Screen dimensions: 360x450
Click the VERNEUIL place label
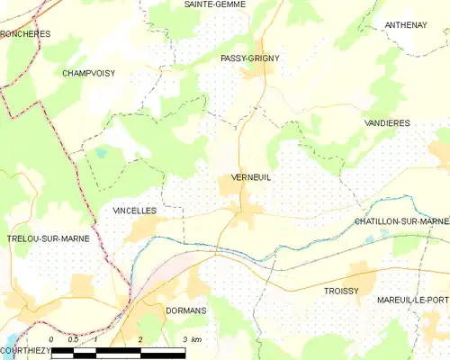251,177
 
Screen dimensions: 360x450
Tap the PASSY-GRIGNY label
250,58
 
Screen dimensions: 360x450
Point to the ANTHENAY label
406,25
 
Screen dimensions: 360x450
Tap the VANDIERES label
388,122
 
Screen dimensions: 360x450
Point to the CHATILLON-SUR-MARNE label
401,221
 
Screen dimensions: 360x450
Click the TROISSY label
341,292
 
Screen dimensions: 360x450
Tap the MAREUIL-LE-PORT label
413,299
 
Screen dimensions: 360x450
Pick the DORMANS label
186,310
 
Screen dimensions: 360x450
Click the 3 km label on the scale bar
191,339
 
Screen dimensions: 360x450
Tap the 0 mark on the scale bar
51,339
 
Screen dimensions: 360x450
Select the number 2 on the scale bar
140,339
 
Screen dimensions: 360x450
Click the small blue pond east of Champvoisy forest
101,153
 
